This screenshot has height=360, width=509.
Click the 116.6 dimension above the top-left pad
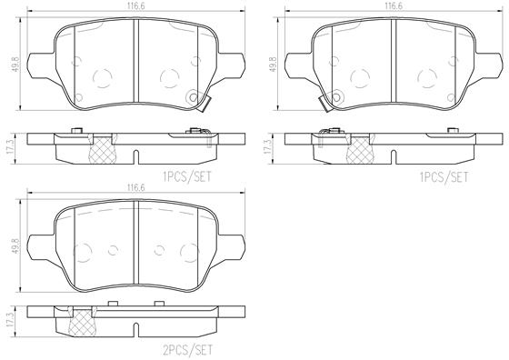point(136,6)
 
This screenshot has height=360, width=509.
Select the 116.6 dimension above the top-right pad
point(394,6)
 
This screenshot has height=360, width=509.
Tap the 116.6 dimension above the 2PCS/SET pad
point(136,187)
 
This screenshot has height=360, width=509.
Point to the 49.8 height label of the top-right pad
point(273,65)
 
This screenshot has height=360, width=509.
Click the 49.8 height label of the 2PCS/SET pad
point(15,246)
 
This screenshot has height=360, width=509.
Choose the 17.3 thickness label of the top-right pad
point(268,147)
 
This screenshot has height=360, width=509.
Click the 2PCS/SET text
point(187,350)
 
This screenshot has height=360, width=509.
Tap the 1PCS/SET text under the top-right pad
point(444,177)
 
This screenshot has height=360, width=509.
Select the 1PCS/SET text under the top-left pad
point(187,177)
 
